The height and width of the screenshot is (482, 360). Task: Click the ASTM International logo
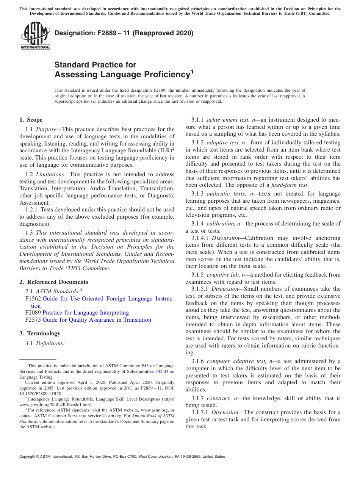[35, 36]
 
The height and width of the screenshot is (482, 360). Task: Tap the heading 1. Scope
[31, 120]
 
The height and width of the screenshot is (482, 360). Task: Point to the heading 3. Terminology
[40, 333]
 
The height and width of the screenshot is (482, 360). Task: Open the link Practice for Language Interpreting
[85, 313]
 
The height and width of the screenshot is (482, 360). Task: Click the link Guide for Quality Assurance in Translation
[97, 320]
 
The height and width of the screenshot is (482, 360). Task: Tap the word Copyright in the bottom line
[28, 457]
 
